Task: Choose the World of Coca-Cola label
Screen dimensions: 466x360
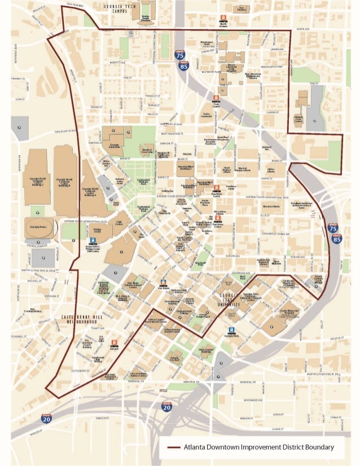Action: pos(147,151)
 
